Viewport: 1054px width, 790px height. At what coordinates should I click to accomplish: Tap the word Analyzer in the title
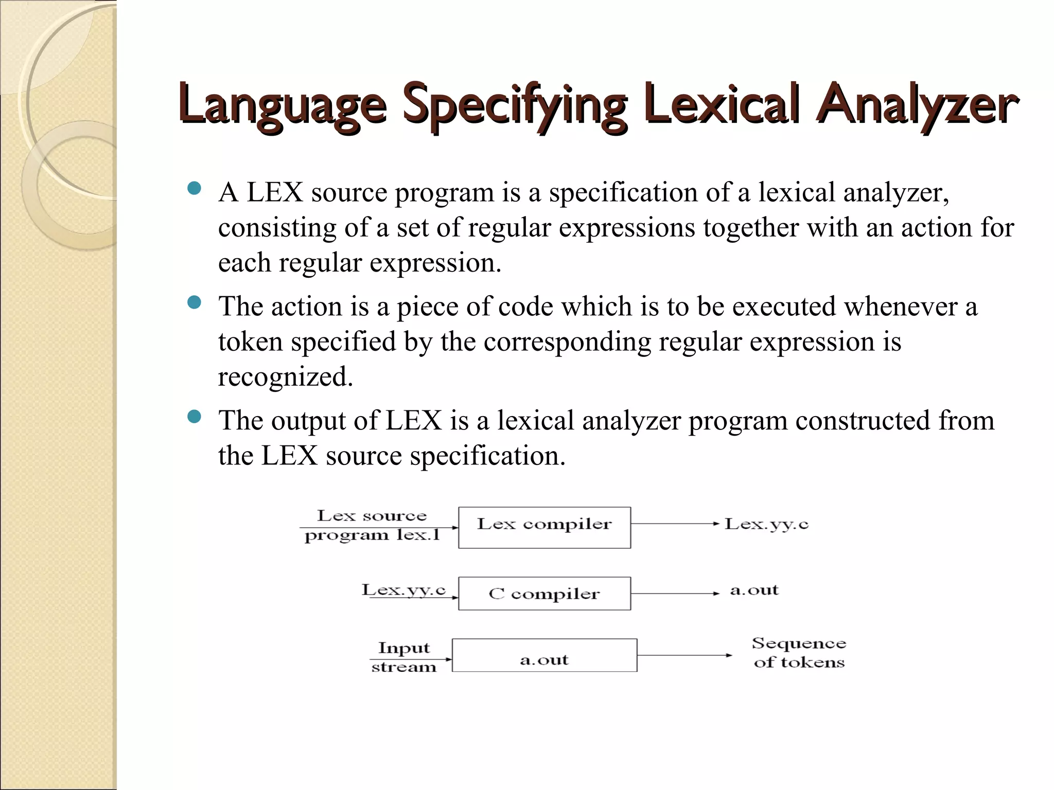click(916, 105)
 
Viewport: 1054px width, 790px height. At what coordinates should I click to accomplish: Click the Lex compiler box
click(544, 527)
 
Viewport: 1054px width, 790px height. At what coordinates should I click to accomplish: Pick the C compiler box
click(544, 594)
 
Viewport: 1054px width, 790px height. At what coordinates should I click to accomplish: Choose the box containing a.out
click(544, 655)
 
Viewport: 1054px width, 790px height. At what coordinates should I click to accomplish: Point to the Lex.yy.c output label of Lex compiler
click(766, 524)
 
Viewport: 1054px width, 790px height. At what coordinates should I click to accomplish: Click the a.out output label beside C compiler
click(754, 590)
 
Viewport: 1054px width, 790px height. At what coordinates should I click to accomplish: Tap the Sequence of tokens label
click(799, 653)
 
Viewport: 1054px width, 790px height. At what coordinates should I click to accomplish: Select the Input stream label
click(403, 657)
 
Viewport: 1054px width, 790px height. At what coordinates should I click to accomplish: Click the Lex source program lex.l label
click(372, 525)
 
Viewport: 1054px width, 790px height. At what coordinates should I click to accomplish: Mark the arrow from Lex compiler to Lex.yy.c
click(675, 524)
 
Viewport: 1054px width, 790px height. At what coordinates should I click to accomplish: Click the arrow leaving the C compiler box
click(675, 594)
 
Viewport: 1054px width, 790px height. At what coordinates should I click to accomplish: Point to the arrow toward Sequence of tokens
click(684, 655)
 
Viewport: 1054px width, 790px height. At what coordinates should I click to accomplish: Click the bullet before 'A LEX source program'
click(194, 189)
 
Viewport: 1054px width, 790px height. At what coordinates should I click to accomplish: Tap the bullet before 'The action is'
click(194, 303)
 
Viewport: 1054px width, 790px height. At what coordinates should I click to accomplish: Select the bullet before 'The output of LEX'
click(194, 417)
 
